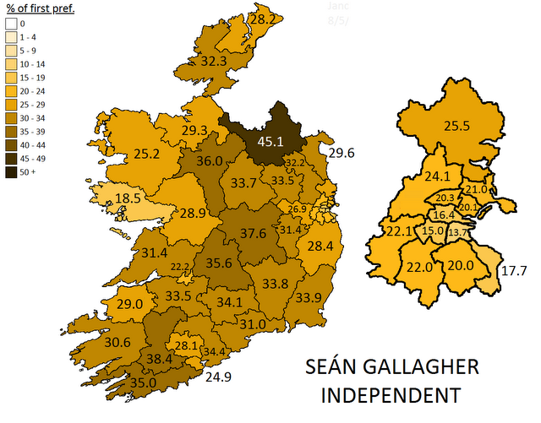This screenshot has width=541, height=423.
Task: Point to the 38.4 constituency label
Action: coord(159,359)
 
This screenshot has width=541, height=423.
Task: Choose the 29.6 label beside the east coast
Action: coord(342,153)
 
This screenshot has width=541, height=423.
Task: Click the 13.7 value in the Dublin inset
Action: coord(457,232)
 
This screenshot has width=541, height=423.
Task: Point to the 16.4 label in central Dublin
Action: coord(444,215)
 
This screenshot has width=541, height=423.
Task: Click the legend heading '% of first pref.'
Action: coord(36,9)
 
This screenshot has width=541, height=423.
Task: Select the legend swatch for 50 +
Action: coord(12,173)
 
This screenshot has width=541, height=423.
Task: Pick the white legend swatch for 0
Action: coord(12,24)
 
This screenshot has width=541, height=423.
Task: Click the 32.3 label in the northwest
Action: coord(213,62)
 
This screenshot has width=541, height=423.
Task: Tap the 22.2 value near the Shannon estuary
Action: coord(179,267)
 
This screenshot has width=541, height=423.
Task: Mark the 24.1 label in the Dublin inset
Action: coord(437,177)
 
